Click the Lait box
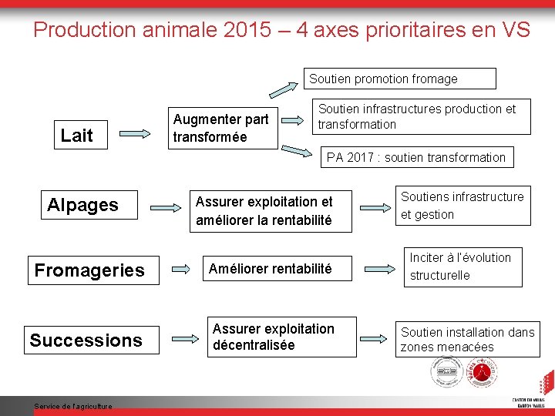(76, 136)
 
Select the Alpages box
(83, 205)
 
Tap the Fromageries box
(89, 270)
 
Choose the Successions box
(86, 341)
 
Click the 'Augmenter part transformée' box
(222, 128)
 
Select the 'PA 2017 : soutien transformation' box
(416, 157)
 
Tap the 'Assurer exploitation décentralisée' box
(274, 337)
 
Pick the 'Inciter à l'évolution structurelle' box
(462, 266)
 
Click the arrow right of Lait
(136, 134)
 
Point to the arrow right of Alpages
(163, 206)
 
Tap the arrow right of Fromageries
(181, 270)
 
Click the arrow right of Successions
(186, 337)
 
